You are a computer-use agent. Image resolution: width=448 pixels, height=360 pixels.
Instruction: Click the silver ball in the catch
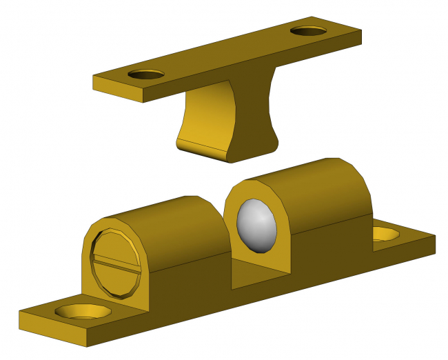tap(256, 225)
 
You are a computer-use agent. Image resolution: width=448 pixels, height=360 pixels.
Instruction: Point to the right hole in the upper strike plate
tap(309, 31)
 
